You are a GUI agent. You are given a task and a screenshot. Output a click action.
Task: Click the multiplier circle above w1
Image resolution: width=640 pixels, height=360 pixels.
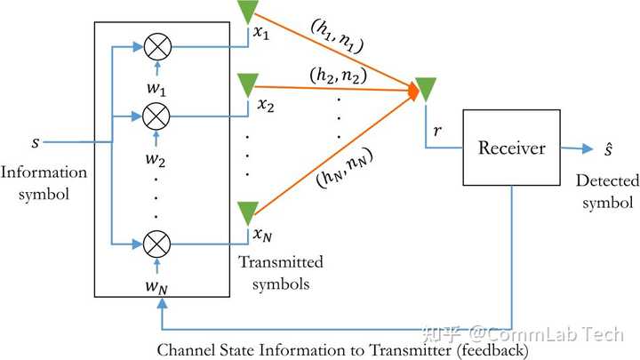pos(157,47)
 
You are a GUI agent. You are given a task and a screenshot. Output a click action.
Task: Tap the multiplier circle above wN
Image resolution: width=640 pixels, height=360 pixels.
pos(157,244)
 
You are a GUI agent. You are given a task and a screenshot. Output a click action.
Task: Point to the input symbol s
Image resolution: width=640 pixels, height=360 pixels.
pos(36,142)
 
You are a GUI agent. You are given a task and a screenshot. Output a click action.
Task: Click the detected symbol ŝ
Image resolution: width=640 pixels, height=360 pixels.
pos(608,149)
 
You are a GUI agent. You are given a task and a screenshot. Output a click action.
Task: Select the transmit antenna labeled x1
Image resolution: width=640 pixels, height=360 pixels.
pos(248,12)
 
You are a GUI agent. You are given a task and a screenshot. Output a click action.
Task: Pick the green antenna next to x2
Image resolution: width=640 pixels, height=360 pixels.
pos(248,85)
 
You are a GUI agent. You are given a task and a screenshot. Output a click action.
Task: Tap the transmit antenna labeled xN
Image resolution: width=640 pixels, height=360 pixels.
pos(248,213)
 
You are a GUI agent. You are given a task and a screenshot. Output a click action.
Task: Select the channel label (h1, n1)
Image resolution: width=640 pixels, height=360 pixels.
pos(336,36)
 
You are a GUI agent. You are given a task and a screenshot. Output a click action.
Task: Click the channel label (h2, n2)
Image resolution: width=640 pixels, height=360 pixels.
pos(339,76)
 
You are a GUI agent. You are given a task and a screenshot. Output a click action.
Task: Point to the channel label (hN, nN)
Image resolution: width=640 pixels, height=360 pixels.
pos(345,168)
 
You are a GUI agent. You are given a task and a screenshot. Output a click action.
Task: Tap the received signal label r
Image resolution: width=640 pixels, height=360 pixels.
pos(437,131)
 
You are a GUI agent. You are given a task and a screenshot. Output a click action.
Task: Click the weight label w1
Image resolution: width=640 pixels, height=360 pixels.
pos(156,88)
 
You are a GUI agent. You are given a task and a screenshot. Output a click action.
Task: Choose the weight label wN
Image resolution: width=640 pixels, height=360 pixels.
pos(156,286)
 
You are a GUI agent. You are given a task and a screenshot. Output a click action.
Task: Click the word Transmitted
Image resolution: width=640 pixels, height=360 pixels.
pos(281,262)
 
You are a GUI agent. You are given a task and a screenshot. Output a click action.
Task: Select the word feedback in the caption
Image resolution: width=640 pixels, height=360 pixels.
pos(492,350)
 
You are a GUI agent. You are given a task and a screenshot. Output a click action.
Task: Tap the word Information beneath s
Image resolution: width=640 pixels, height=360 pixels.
pos(44,172)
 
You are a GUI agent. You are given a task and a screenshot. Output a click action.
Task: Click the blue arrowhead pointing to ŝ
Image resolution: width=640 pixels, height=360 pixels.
pos(588,148)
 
